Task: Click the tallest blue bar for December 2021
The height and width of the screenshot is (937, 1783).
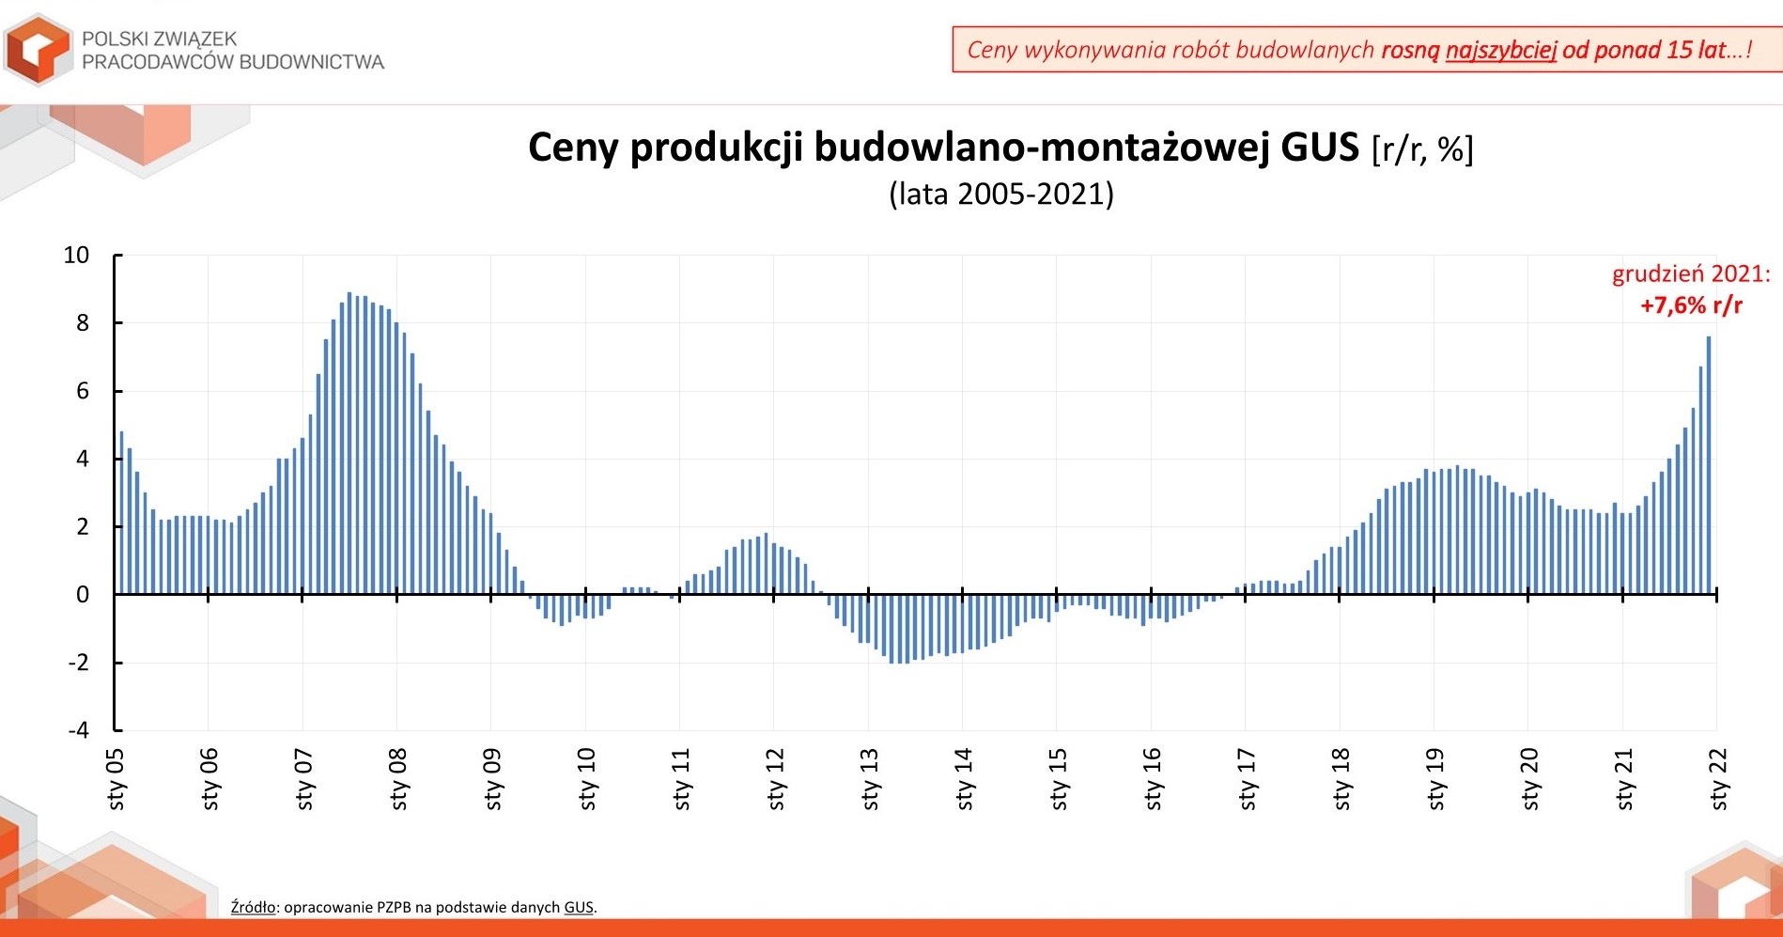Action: [1709, 465]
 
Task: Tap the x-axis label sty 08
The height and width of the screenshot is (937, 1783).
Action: [398, 779]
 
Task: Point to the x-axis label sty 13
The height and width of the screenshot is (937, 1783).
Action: [870, 779]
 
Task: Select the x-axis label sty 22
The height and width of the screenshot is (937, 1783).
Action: [1719, 779]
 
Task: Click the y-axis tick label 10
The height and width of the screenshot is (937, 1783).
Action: [76, 255]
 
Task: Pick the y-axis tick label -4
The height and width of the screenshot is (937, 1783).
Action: [78, 730]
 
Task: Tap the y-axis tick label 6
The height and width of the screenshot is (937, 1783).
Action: [83, 391]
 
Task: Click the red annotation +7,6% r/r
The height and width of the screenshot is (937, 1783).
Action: [1691, 305]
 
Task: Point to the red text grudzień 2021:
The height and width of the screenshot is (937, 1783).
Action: [1691, 274]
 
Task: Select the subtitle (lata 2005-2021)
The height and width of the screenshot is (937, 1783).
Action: [1001, 195]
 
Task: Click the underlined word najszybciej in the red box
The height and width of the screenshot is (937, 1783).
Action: [1501, 50]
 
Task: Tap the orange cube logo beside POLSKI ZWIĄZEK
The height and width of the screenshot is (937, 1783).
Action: [38, 49]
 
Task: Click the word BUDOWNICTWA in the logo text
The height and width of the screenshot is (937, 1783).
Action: [312, 62]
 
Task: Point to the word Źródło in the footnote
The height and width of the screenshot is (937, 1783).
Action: [253, 907]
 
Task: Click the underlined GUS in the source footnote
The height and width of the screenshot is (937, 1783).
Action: [579, 908]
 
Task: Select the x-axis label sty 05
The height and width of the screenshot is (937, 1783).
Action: [116, 779]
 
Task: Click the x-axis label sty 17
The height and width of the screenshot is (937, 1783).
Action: [1248, 779]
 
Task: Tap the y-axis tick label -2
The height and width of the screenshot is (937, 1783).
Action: [78, 663]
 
